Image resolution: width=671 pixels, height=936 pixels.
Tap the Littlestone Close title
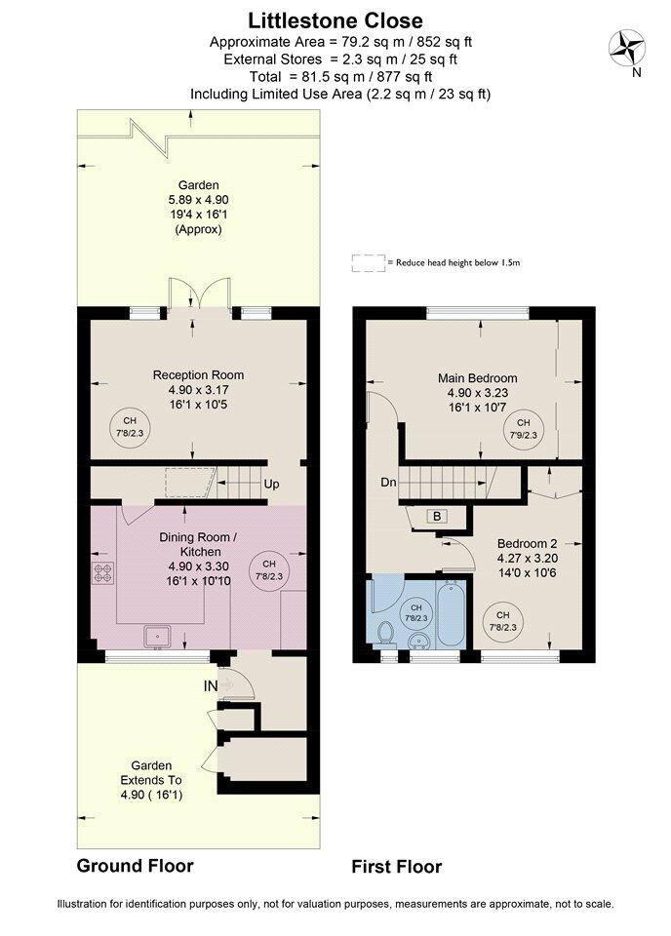335,20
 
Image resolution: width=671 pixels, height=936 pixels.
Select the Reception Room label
198,374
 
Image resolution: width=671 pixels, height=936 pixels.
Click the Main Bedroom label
478,378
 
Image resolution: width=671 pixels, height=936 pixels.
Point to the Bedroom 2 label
527,543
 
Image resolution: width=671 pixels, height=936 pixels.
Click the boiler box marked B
437,516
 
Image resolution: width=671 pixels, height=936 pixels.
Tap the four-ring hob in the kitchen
102,572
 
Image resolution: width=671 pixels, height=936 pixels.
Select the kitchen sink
158,637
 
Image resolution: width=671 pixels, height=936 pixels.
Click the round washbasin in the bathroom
419,642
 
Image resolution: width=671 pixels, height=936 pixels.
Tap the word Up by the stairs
272,484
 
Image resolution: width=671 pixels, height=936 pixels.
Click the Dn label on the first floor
388,482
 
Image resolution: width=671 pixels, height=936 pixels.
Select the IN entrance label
211,686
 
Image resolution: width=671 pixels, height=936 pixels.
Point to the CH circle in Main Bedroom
523,429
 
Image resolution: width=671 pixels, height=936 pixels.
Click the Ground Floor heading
135,866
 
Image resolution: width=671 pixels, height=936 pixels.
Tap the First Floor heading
396,866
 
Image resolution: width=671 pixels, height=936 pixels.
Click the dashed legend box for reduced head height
369,263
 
